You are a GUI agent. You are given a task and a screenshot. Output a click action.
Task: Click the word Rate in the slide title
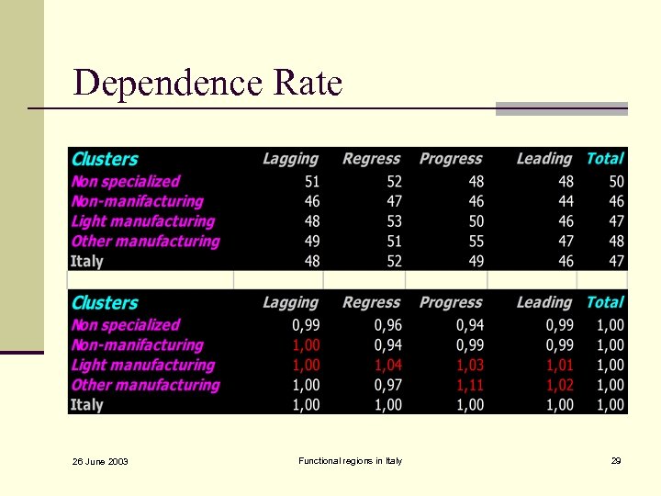[308, 84]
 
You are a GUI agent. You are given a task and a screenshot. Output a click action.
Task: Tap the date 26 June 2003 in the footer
[100, 461]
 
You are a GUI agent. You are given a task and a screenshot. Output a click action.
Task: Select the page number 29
[616, 460]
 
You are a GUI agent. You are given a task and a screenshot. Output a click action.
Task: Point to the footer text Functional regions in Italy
[350, 460]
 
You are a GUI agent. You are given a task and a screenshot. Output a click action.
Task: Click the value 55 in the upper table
[475, 241]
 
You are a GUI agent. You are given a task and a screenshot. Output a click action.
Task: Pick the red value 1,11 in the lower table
[470, 385]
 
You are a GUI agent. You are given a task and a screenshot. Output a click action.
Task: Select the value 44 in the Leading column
[565, 201]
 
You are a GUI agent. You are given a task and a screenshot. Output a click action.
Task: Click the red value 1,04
[387, 365]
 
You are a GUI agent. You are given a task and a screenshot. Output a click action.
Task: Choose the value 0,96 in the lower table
[387, 324]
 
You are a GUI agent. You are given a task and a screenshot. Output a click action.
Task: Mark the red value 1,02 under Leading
[559, 385]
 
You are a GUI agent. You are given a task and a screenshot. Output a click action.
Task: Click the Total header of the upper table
[605, 158]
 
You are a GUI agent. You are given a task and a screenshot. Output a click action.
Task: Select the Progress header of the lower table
[451, 302]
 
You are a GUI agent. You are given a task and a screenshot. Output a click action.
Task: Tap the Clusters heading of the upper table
[105, 159]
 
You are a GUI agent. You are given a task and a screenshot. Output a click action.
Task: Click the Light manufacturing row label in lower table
[142, 365]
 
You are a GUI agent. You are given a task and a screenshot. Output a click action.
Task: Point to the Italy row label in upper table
[87, 261]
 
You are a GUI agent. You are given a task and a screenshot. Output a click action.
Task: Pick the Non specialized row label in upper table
[125, 181]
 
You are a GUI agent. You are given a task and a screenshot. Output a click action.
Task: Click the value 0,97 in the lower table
[387, 385]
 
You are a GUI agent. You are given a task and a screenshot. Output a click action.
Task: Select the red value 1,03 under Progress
[470, 365]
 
